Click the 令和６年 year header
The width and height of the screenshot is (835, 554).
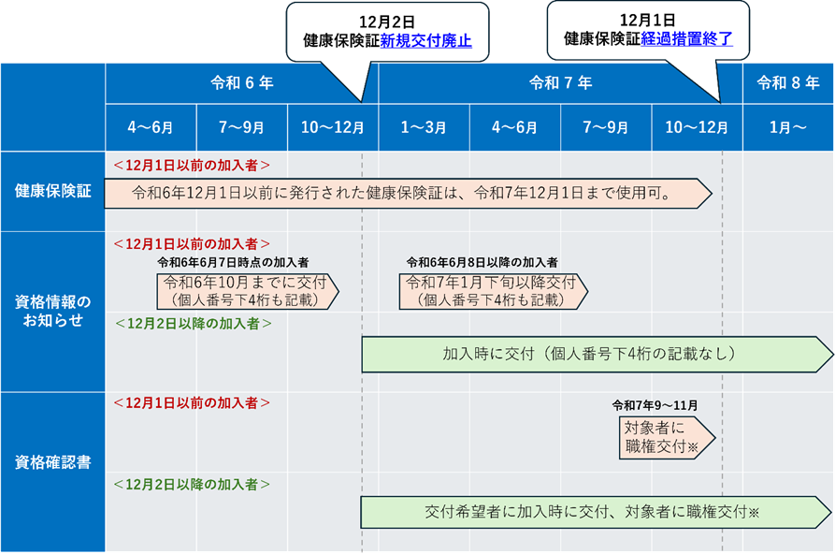point(241,83)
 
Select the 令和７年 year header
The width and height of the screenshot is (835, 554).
point(560,83)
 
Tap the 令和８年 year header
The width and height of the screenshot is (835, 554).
point(787,83)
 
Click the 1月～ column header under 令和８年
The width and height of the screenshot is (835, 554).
point(787,128)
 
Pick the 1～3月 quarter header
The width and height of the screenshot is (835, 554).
point(424,128)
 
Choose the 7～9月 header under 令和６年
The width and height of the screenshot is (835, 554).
point(241,128)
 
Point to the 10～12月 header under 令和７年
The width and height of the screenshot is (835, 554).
point(697,128)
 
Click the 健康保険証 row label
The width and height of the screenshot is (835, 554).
point(52,191)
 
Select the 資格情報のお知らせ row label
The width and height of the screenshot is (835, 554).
point(52,311)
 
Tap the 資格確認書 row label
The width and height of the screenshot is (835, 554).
point(52,461)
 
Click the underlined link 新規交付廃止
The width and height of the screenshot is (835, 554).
point(425,41)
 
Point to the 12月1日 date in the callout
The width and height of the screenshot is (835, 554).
point(647,20)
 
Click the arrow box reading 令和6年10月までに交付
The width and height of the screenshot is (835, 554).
point(246,291)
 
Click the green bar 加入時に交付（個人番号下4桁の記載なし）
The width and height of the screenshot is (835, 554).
point(589,355)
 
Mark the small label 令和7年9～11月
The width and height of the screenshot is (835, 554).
point(655,405)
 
